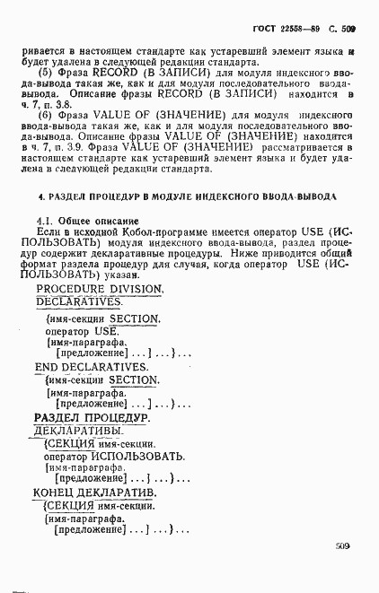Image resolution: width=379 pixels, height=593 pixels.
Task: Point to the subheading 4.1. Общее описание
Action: (87, 221)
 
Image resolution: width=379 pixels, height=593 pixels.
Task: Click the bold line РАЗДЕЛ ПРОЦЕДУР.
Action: (91, 418)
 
